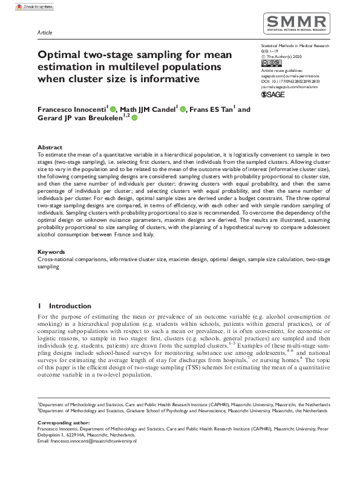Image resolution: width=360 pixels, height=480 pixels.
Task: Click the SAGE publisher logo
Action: (272, 95)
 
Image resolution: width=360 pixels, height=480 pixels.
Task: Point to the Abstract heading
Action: (50, 148)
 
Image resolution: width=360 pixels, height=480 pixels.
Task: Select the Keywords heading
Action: (51, 268)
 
